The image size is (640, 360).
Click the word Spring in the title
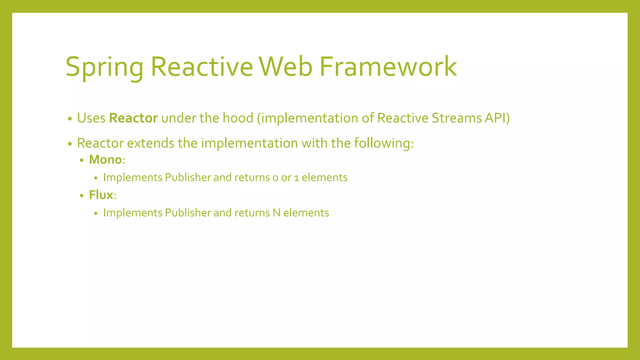tap(104, 67)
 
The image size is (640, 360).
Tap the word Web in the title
tap(285, 67)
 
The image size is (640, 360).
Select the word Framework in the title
tap(388, 67)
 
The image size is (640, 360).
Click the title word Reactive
tap(202, 67)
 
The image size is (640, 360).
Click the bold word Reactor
tap(133, 118)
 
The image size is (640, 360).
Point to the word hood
tap(238, 118)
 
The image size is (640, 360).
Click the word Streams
tap(457, 118)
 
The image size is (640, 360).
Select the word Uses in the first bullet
tap(91, 118)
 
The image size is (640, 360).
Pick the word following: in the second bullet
tap(384, 143)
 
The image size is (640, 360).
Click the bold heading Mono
tap(105, 160)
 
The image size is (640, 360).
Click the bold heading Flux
tap(101, 195)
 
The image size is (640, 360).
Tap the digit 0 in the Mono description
tap(275, 178)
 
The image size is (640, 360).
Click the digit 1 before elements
tap(297, 178)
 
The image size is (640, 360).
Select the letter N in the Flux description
tap(276, 213)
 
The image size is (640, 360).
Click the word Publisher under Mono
tap(188, 177)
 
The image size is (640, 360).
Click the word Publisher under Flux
tap(188, 213)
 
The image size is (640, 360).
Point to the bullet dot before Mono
tap(82, 161)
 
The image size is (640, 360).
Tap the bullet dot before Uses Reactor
tap(70, 119)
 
